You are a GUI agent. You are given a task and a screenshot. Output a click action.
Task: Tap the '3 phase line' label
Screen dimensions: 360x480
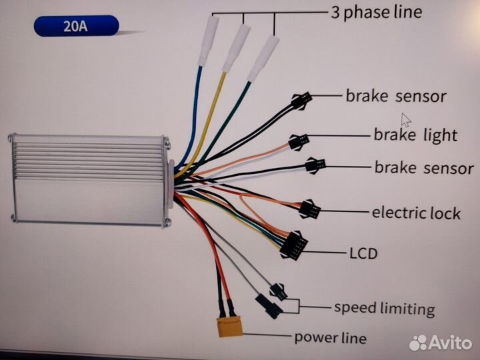[376, 12]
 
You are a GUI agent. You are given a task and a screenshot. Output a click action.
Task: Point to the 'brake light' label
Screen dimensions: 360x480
[415, 135]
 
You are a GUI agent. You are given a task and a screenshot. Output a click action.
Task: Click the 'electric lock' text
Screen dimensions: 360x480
[416, 213]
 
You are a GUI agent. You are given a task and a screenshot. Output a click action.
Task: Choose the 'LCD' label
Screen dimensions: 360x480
[363, 253]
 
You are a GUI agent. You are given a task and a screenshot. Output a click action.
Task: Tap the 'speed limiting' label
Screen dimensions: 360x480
[384, 309]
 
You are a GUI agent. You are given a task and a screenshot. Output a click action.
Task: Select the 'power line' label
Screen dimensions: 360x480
[330, 337]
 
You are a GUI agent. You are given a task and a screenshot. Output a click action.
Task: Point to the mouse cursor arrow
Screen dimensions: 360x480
[405, 119]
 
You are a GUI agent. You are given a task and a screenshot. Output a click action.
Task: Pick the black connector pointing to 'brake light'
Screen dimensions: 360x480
[299, 141]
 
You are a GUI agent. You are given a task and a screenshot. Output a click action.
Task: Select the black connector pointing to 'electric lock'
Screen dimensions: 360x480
[311, 209]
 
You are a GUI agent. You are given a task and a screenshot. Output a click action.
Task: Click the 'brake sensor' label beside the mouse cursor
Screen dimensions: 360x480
[395, 96]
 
